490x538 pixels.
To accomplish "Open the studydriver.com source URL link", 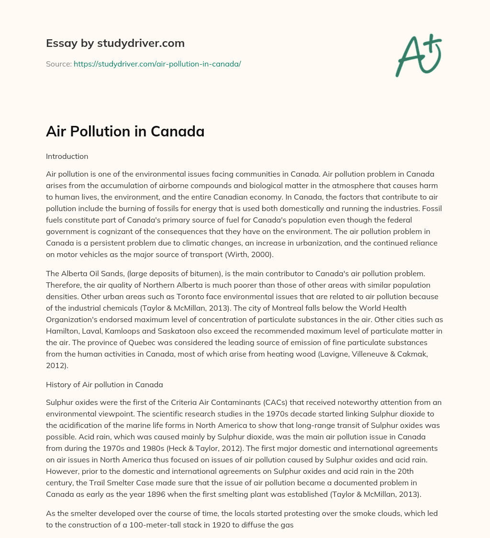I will [x=157, y=64].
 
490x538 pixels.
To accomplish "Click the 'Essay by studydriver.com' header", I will [x=115, y=43].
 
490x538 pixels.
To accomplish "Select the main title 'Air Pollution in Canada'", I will [x=125, y=131].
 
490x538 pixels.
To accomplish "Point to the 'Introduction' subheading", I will [x=67, y=157].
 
